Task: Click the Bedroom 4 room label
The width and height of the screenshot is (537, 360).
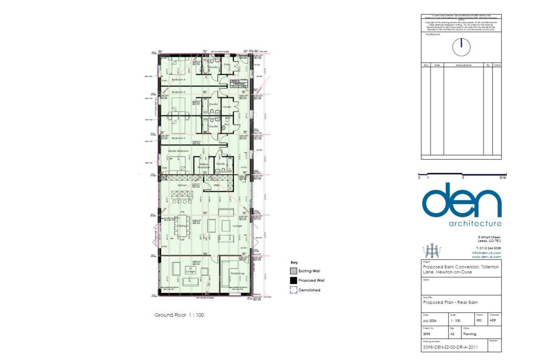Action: (x=178, y=80)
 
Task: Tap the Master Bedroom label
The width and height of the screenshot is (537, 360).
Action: (x=178, y=151)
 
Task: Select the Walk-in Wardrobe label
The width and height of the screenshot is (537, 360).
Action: (x=205, y=165)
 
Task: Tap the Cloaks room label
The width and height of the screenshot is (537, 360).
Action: (x=227, y=107)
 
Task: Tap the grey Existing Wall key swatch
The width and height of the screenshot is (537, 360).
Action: (x=293, y=271)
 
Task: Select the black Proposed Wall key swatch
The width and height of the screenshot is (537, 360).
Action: (x=293, y=280)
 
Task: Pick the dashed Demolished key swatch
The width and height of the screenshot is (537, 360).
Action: (x=293, y=290)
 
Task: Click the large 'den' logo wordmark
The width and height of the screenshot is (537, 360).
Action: (x=461, y=202)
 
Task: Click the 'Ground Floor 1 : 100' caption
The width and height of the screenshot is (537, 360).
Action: (x=179, y=315)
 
